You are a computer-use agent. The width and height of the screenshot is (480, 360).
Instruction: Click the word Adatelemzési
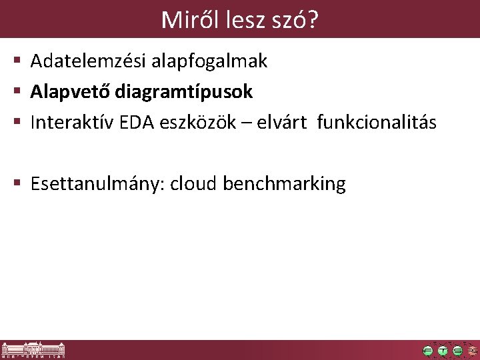tap(89, 62)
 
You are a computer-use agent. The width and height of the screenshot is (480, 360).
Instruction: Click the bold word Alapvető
tap(70, 92)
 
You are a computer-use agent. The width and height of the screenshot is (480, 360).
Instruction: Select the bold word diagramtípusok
tap(183, 92)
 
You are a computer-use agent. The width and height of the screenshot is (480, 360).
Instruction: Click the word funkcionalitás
tap(377, 123)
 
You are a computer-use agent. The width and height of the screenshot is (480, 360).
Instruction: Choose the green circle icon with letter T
tap(443, 351)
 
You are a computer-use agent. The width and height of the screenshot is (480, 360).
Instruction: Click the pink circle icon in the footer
tap(473, 351)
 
